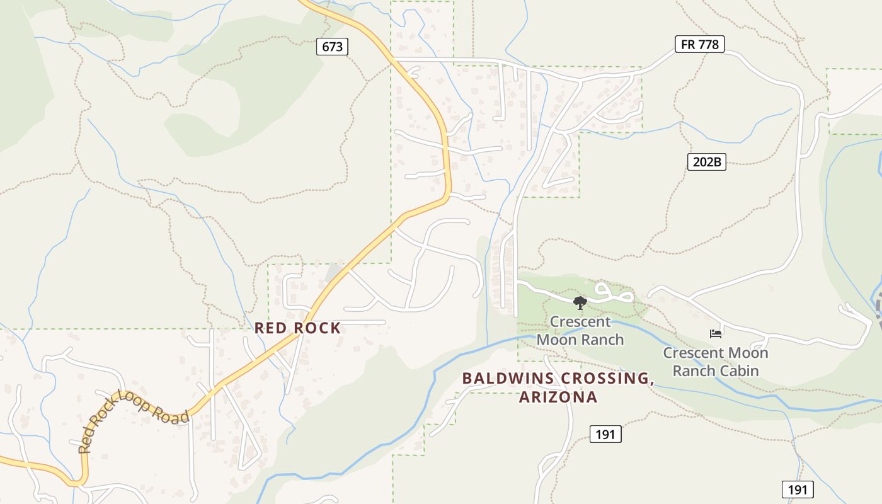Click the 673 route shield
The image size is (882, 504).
tap(332, 47)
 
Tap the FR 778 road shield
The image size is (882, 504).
tap(700, 44)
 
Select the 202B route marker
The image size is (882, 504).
tap(706, 162)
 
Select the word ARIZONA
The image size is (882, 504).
tap(558, 398)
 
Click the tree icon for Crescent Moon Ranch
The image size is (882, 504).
tap(580, 303)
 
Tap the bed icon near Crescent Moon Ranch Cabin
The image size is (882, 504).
tap(715, 333)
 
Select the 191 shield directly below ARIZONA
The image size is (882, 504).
tap(605, 434)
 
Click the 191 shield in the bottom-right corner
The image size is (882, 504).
tap(798, 490)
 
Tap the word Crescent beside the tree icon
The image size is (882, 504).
tap(580, 322)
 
